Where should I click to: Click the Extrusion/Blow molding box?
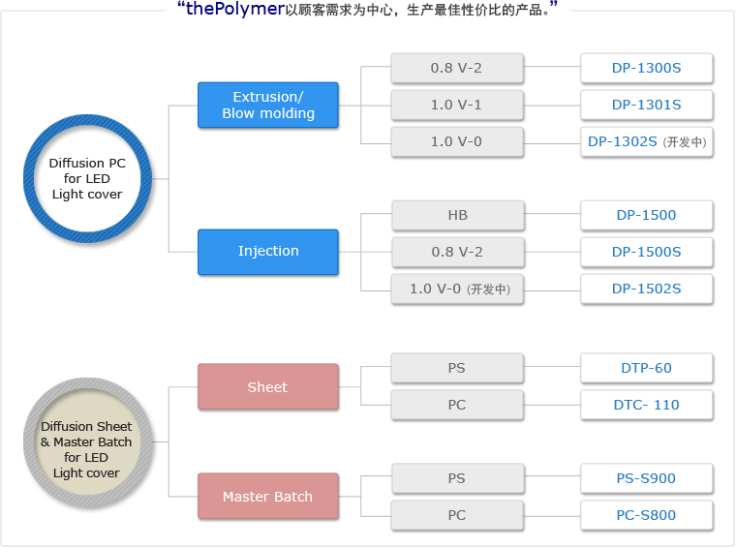pos(268,106)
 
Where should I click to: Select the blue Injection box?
pos(268,252)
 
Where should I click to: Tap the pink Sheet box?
pos(268,386)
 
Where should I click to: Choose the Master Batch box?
pos(268,496)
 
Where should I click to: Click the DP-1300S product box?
pos(646,68)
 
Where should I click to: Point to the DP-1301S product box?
pos(646,105)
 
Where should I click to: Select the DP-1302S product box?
pos(646,141)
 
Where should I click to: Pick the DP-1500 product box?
pos(646,215)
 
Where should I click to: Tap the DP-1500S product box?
pos(646,252)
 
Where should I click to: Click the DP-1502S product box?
pos(646,289)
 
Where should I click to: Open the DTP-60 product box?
pos(646,368)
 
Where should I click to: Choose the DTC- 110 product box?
pos(646,405)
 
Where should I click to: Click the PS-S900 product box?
pos(646,478)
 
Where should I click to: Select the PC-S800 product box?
pos(646,515)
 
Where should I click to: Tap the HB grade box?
pos(458,215)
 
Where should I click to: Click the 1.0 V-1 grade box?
pos(457,105)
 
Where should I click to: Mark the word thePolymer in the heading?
pos(235,9)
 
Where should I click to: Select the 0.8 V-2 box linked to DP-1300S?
pos(457,68)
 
